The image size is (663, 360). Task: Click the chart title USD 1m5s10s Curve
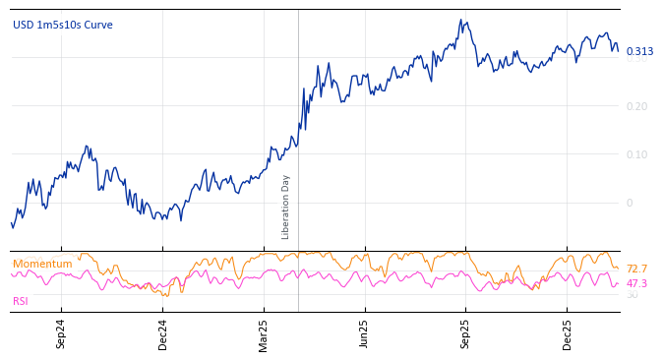pyautogui.click(x=63, y=26)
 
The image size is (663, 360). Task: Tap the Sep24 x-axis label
pyautogui.click(x=61, y=333)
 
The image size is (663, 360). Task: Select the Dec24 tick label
pyautogui.click(x=163, y=333)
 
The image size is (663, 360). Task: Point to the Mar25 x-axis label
pyautogui.click(x=264, y=333)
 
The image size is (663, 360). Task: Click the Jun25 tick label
pyautogui.click(x=364, y=333)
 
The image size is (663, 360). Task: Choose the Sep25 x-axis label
pyautogui.click(x=465, y=333)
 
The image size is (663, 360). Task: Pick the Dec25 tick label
pyautogui.click(x=568, y=333)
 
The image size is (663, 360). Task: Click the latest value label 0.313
pyautogui.click(x=639, y=52)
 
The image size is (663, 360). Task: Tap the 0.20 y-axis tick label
pyautogui.click(x=637, y=106)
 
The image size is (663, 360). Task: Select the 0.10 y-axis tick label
pyautogui.click(x=637, y=154)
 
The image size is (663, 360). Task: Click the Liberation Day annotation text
pyautogui.click(x=286, y=207)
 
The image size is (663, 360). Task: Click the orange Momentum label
pyautogui.click(x=42, y=265)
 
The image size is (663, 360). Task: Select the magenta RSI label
pyautogui.click(x=21, y=302)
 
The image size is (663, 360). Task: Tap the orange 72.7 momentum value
pyautogui.click(x=636, y=270)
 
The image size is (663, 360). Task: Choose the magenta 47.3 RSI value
pyautogui.click(x=636, y=283)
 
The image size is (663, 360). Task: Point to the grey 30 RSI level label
pyautogui.click(x=632, y=295)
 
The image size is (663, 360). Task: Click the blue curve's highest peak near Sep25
pyautogui.click(x=460, y=20)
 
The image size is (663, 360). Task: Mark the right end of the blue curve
pyautogui.click(x=618, y=51)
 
